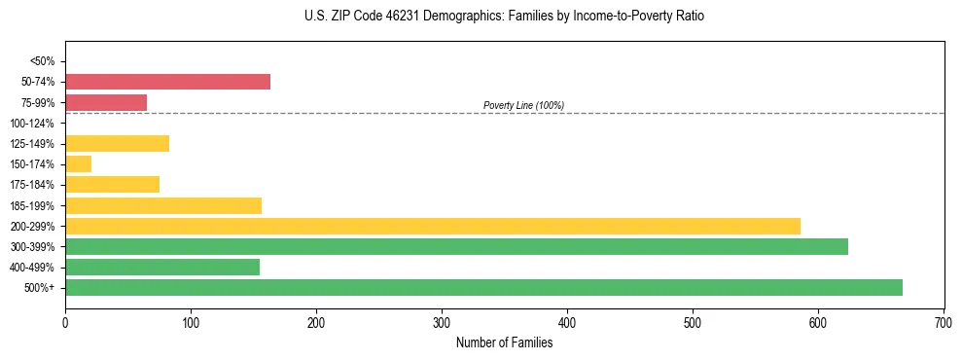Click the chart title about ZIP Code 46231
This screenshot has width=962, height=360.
(503, 17)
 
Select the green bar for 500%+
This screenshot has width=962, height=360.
(483, 288)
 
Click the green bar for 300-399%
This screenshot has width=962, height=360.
(456, 247)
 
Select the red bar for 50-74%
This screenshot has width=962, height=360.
(167, 82)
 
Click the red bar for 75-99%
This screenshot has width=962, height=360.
(106, 102)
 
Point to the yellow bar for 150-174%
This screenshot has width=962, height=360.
(78, 164)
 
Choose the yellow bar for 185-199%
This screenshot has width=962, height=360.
(163, 205)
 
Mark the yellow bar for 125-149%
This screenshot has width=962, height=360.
(117, 144)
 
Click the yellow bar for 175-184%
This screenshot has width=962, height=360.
(112, 185)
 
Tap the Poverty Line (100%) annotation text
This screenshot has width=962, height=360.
(523, 105)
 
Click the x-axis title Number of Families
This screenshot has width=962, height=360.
(504, 342)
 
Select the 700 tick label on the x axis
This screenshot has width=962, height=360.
(944, 321)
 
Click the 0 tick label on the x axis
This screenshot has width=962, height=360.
(65, 321)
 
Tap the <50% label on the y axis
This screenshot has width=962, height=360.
(43, 61)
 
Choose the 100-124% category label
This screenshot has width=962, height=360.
(32, 124)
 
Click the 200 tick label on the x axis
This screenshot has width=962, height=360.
(316, 321)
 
